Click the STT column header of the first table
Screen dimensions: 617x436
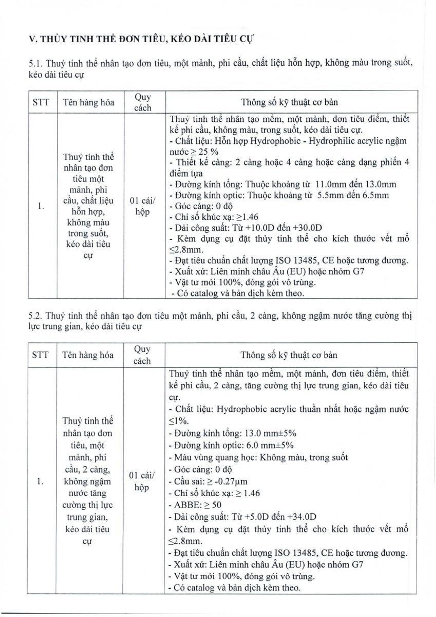pos(41,102)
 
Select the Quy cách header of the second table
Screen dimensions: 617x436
pos(142,355)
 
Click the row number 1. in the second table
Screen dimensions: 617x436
pos(41,481)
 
